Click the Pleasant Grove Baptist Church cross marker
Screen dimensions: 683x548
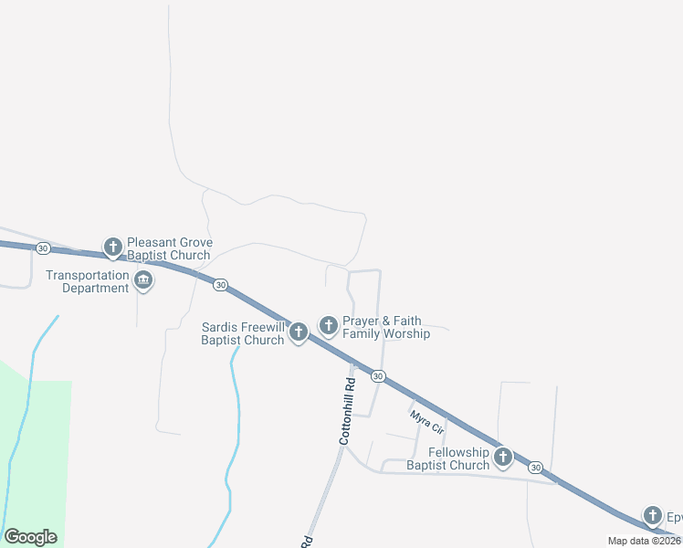(112, 248)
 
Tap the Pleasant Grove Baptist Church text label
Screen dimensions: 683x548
(170, 248)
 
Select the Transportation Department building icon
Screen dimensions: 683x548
(143, 280)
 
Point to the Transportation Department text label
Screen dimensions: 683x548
(88, 281)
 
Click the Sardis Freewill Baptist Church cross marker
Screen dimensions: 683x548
(299, 332)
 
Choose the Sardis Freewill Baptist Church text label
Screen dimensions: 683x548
(243, 333)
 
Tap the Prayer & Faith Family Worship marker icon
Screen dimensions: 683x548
(329, 325)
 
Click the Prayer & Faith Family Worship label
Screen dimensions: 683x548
(385, 327)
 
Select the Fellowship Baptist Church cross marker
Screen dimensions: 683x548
(502, 458)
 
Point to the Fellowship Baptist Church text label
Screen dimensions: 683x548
(447, 458)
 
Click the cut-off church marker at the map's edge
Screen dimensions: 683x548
(653, 516)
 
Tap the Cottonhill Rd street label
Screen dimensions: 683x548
(346, 411)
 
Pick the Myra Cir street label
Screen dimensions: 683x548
(426, 423)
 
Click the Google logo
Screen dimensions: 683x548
(30, 537)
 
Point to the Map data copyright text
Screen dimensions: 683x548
(645, 541)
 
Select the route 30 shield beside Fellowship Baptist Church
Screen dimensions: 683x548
(535, 467)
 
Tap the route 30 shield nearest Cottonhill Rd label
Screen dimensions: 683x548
(378, 375)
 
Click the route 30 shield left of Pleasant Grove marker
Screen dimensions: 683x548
(43, 248)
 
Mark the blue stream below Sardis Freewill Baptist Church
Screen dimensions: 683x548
(236, 411)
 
